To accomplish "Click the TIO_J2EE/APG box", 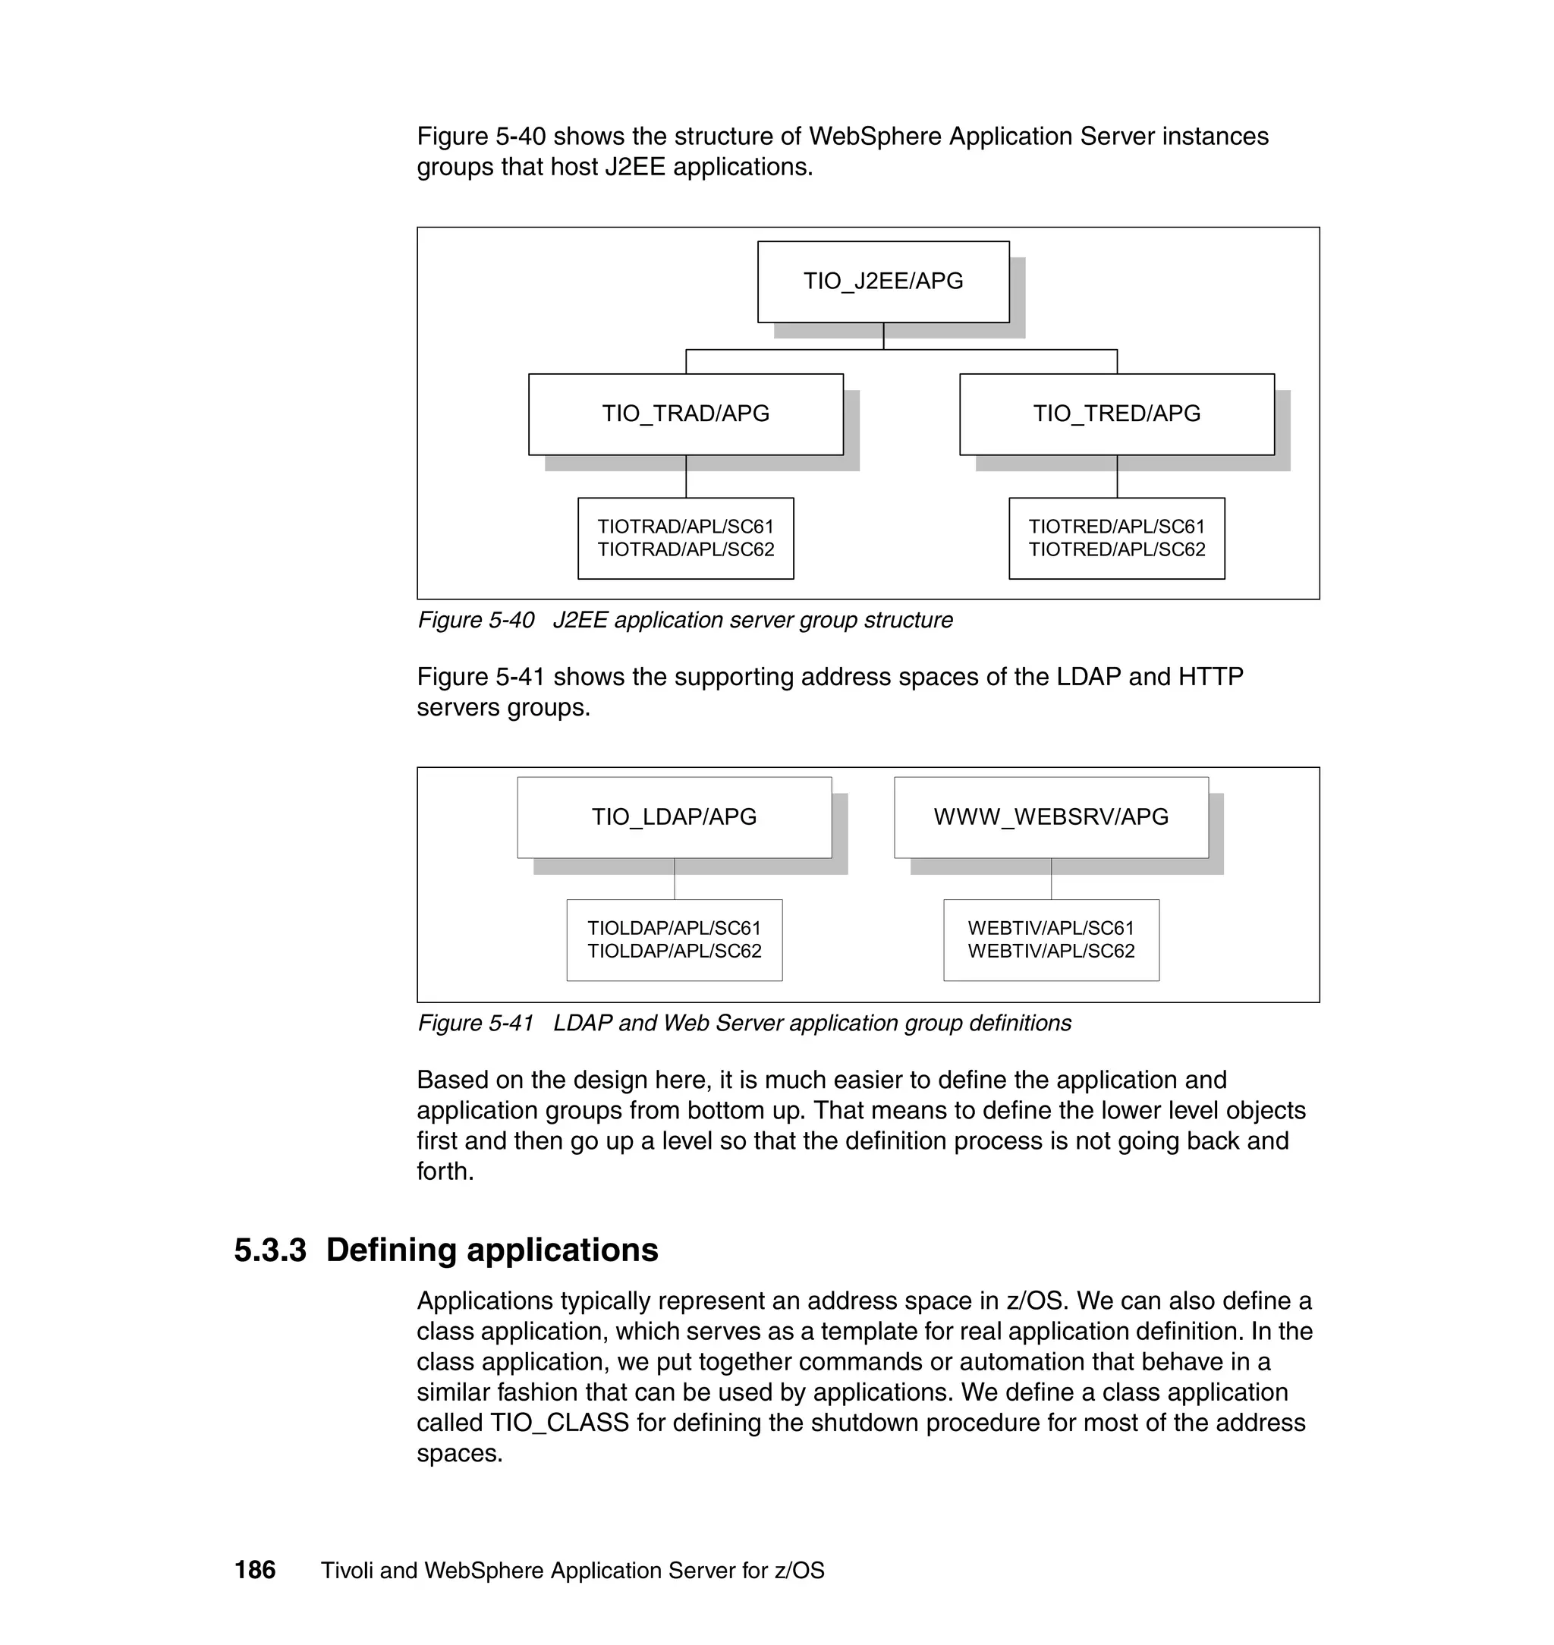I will [883, 282].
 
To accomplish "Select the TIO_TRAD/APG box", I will [685, 414].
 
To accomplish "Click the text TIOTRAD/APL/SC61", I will [685, 527].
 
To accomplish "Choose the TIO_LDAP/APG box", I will [674, 816].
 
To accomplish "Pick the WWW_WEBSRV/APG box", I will [1050, 816].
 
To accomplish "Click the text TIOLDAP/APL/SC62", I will [674, 951].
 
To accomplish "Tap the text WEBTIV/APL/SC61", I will [1050, 929].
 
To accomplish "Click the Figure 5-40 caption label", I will [476, 621].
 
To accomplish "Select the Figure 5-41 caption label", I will [476, 1024].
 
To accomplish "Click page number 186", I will [254, 1571].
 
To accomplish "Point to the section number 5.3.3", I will [270, 1250].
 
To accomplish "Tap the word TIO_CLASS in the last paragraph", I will [559, 1423].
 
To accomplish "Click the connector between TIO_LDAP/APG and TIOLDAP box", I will [675, 879].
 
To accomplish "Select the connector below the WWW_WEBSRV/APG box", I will [1051, 879].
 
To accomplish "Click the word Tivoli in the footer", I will [346, 1571].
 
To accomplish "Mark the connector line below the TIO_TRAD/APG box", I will [686, 477].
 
